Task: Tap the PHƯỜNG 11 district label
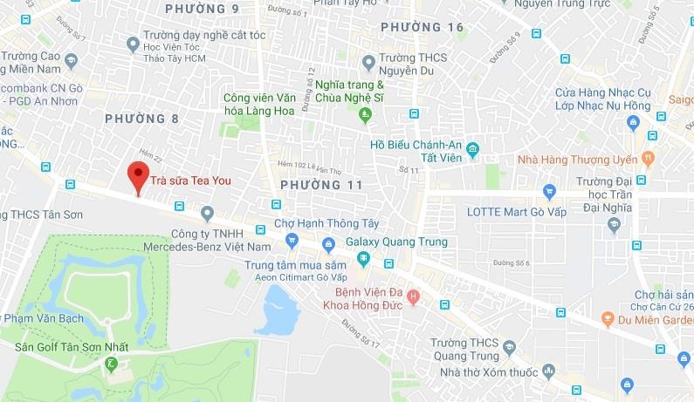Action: coord(321,184)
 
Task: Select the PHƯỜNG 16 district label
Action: coord(423,28)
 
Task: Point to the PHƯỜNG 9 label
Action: coord(203,9)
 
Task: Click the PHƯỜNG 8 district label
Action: coord(141,118)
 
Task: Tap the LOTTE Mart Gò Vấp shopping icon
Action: coord(549,191)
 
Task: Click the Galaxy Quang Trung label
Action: coord(396,242)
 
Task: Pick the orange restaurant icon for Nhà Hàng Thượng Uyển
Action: coord(647,158)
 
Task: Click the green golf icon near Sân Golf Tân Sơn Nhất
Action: coord(111,364)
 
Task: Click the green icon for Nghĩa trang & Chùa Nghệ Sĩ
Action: coord(365,113)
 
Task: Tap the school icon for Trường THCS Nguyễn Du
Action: coord(370,62)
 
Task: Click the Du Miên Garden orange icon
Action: coord(608,319)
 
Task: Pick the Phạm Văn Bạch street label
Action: coord(44,318)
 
